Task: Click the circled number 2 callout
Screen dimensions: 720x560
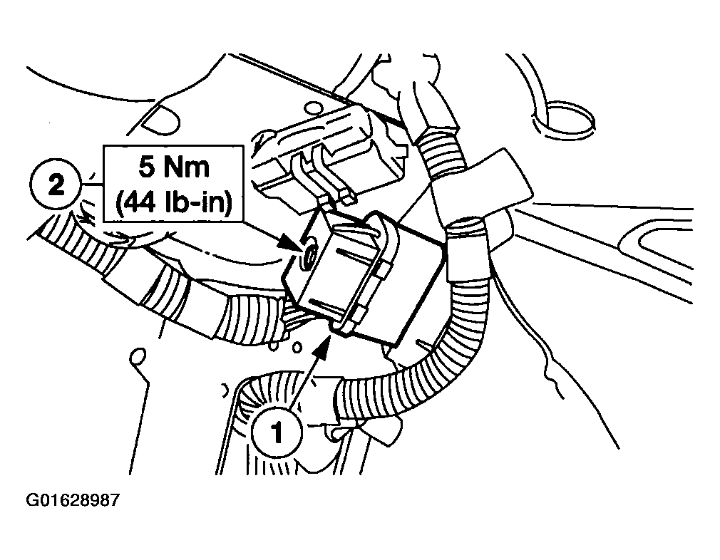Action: point(56,185)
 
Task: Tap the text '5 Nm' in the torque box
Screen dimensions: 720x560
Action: point(173,167)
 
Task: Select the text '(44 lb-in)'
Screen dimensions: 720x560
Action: point(173,202)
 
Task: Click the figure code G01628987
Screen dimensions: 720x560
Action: point(73,500)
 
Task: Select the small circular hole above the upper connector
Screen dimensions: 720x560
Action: point(313,108)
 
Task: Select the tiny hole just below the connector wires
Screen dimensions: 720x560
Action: point(298,348)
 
